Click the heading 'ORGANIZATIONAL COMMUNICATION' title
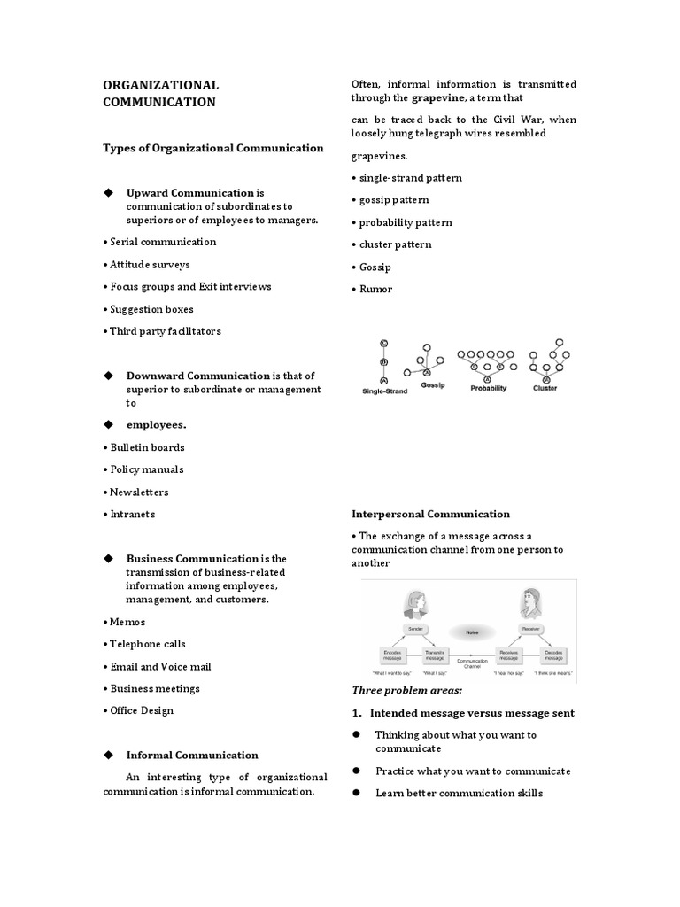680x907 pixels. (161, 93)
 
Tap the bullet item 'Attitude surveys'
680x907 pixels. (150, 264)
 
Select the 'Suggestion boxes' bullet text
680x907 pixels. (151, 309)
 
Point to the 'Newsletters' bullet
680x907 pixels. (139, 492)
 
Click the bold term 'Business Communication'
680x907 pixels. (192, 559)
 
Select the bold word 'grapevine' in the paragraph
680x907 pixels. (419, 98)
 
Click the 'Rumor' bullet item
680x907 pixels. (375, 289)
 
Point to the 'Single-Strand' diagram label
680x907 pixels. (384, 391)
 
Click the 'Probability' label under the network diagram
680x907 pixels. (488, 388)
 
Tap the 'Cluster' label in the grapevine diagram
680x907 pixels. (545, 388)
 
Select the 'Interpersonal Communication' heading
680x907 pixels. (430, 514)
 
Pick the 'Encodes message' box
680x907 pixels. (393, 655)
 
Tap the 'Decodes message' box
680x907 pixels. (553, 655)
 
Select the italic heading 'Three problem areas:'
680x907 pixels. (406, 690)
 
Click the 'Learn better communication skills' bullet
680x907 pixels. (459, 793)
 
